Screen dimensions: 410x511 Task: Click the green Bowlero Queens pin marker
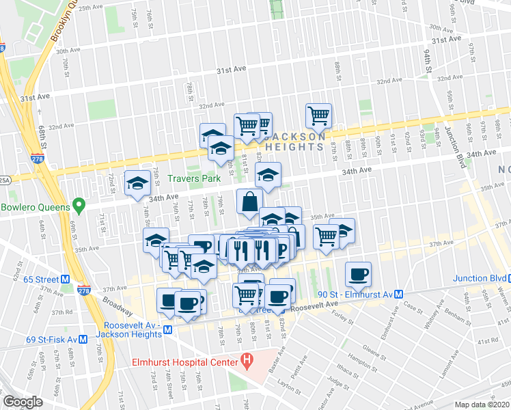pyautogui.click(x=79, y=205)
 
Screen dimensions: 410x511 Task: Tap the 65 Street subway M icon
pyautogui.click(x=66, y=279)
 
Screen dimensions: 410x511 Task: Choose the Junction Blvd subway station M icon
pyautogui.click(x=502, y=278)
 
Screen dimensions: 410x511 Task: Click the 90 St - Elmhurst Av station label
pyautogui.click(x=355, y=294)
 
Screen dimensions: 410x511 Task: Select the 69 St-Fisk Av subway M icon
pyautogui.click(x=82, y=339)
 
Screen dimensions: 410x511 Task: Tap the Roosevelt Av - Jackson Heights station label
pyautogui.click(x=133, y=330)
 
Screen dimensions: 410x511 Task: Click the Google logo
pyautogui.click(x=23, y=402)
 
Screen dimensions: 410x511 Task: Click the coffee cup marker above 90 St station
pyautogui.click(x=358, y=275)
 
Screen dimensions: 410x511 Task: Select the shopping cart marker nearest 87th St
pyautogui.click(x=318, y=116)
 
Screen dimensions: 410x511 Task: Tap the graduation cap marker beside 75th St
pyautogui.click(x=137, y=182)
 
